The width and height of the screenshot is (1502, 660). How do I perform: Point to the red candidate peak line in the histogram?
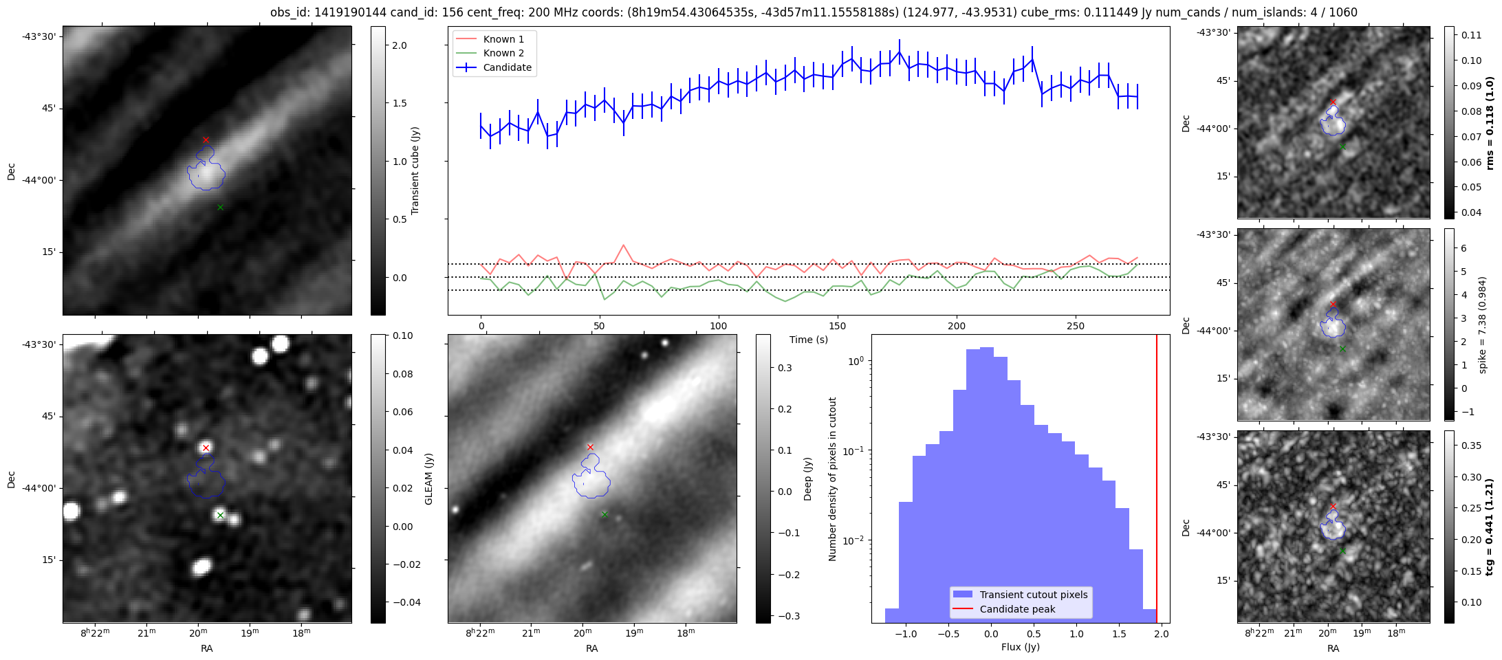point(1157,481)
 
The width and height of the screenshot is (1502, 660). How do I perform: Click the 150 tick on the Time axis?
point(838,326)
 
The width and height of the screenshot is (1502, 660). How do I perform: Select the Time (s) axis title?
point(808,340)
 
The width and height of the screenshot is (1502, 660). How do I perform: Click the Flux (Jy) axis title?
point(1021,647)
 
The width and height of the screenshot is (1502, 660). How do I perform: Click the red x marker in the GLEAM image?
point(206,448)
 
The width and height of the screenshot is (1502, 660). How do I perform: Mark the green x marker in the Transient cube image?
point(220,208)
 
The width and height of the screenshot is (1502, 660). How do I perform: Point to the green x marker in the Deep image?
point(605,514)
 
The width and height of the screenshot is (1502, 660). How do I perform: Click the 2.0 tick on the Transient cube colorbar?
point(399,45)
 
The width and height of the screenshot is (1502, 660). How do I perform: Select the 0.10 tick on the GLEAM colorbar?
point(402,335)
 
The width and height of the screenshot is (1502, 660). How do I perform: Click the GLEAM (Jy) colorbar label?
point(429,479)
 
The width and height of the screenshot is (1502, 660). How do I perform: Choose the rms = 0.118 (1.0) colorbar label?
point(1490,123)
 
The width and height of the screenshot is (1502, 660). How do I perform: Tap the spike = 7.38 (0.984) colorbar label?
point(1483,325)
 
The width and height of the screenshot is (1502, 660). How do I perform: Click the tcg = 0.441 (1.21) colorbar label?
point(1490,527)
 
